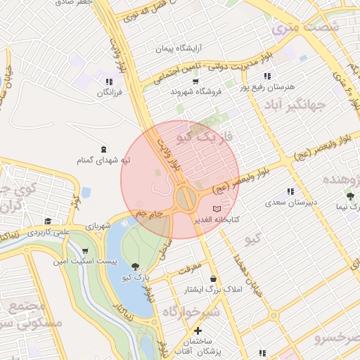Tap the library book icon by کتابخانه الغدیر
coord(216,209)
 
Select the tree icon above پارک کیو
coord(135,266)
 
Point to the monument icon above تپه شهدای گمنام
coord(104,148)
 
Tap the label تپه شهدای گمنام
coord(104,160)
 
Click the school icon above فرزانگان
coord(108,82)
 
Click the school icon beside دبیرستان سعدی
coord(290,192)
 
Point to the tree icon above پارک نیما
coord(350,196)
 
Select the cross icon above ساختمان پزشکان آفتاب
coord(198,330)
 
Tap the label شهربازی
coord(97,226)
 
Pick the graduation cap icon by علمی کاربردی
coord(47,221)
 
